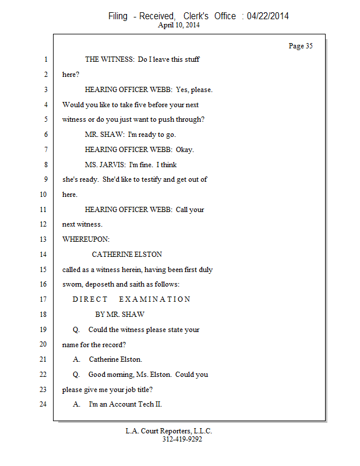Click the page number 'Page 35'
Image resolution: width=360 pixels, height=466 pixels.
[x=301, y=46]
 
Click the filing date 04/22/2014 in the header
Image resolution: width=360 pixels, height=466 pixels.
[x=267, y=16]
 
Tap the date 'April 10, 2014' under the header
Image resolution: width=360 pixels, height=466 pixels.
[x=179, y=25]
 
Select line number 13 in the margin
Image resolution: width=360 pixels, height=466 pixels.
[x=43, y=239]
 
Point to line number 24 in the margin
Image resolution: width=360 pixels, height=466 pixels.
[x=43, y=404]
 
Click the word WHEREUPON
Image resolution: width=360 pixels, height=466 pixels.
[x=86, y=239]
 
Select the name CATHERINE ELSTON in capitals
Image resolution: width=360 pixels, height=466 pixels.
[x=127, y=255]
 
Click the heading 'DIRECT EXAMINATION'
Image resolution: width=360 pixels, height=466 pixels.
[x=132, y=299]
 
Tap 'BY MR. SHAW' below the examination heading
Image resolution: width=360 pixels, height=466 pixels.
[x=120, y=315]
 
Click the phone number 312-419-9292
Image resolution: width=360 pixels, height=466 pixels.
[x=182, y=439]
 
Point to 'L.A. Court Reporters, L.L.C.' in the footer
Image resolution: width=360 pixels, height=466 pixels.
[x=169, y=431]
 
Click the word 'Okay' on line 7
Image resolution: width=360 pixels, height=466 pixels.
[x=185, y=150]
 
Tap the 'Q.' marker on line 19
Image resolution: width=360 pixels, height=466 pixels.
[x=76, y=330]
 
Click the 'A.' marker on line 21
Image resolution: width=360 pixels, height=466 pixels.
[x=76, y=359]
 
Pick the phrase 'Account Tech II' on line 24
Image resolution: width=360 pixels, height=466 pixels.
[x=135, y=404]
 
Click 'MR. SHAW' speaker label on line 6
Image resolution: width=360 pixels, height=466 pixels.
[x=104, y=135]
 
